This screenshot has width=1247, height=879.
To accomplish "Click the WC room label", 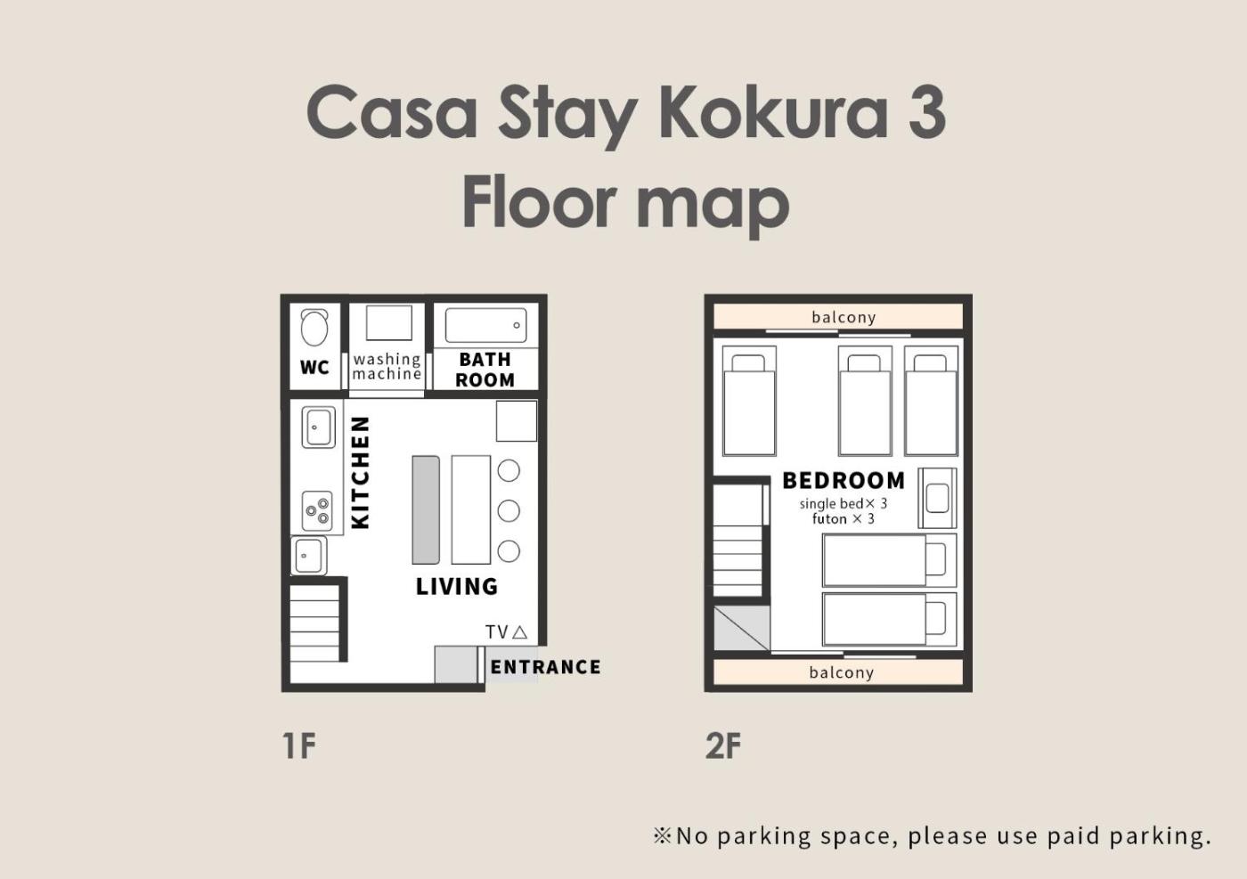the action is (314, 368).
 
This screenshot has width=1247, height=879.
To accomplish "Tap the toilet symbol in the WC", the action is (314, 328).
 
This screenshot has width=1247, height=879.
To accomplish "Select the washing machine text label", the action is (387, 366).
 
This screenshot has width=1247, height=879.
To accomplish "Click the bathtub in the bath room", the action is (486, 325).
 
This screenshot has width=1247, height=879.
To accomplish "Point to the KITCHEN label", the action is (361, 473).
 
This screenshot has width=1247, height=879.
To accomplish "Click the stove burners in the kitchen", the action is (317, 511).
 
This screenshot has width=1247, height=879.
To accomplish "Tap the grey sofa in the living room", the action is (426, 510).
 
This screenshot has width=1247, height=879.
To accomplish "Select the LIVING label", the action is (457, 587).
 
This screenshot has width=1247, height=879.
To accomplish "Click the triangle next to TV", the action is (520, 631).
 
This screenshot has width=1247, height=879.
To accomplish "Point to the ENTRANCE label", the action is (545, 667).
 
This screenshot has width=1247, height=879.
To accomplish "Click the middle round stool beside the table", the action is (509, 511).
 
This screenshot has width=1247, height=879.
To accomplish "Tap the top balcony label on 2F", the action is (844, 317).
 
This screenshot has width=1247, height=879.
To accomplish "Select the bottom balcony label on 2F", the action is (842, 672).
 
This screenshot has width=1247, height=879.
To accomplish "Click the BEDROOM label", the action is (844, 480).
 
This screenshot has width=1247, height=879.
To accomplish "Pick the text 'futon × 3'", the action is (844, 519).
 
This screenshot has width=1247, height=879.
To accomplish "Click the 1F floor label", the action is (299, 746).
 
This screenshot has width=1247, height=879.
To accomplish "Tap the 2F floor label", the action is (723, 746).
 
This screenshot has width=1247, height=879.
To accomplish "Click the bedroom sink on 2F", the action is (937, 498).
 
